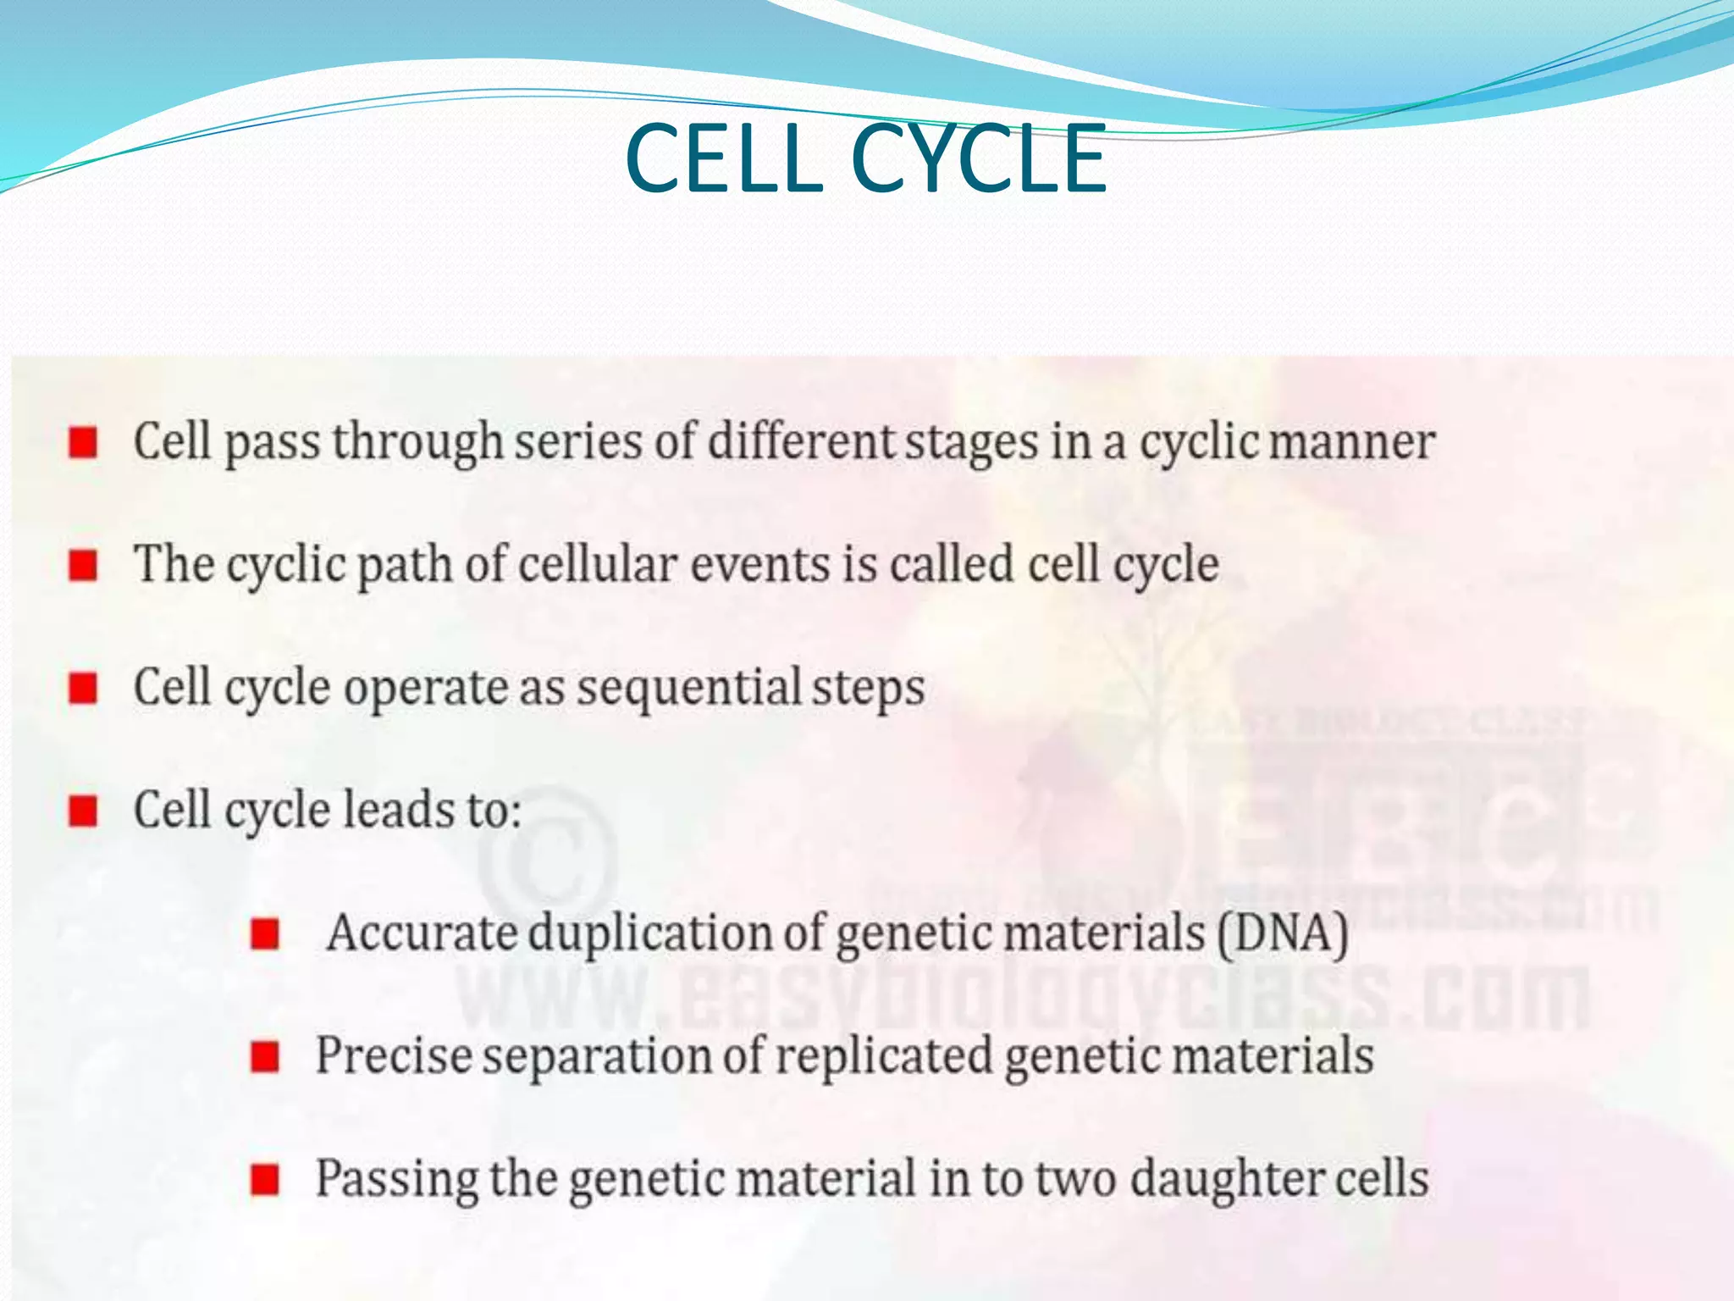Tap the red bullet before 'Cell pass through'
click(83, 442)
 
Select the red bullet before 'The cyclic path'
click(83, 565)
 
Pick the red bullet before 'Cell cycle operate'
click(83, 688)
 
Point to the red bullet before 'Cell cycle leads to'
click(83, 811)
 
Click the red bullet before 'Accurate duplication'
click(265, 933)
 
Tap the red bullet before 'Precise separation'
click(265, 1056)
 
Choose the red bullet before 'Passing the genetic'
click(265, 1179)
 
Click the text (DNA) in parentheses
click(1284, 933)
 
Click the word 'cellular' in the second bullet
click(597, 564)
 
